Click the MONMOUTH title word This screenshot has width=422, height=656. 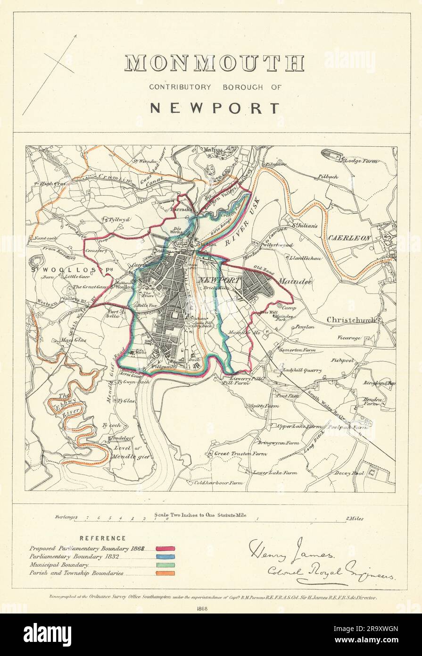[214, 63]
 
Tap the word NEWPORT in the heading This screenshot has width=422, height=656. [214, 108]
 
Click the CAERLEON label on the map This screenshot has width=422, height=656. [349, 238]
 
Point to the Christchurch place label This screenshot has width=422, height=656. [351, 320]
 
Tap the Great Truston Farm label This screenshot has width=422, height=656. [240, 454]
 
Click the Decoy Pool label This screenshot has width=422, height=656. [349, 472]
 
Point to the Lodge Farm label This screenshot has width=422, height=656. [361, 161]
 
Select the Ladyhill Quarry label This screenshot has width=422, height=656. [302, 370]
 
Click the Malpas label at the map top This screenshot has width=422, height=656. [212, 150]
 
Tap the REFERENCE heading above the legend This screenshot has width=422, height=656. [102, 538]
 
